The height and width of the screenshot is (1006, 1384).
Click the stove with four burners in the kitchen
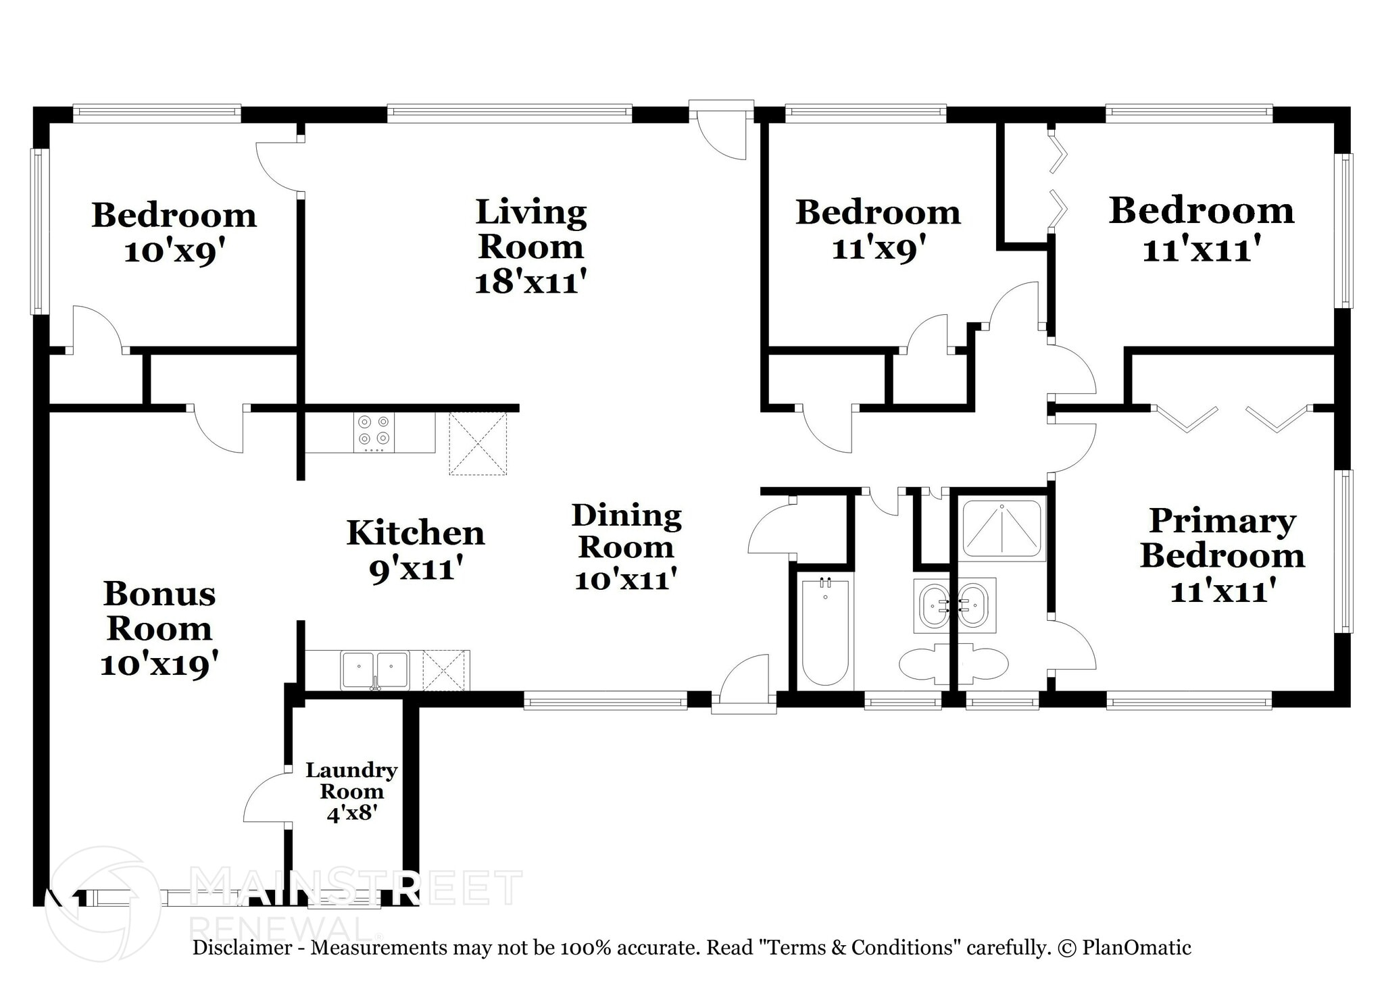(374, 432)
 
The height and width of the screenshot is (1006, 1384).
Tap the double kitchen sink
(374, 670)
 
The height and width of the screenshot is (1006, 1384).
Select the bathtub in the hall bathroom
(824, 632)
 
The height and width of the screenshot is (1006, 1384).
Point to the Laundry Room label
(351, 780)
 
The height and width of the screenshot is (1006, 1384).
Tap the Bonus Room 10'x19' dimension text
(159, 665)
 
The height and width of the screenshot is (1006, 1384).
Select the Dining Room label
(626, 531)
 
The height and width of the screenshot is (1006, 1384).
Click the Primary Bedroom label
(1222, 538)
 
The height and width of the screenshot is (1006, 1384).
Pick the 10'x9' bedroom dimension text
(174, 252)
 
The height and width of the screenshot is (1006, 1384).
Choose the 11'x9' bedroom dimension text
(877, 249)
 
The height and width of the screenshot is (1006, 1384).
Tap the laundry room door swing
(265, 797)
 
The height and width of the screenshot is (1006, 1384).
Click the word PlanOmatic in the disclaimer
(1136, 948)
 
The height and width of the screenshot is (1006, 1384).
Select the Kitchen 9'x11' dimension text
(416, 570)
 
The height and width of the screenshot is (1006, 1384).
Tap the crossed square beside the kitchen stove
(478, 443)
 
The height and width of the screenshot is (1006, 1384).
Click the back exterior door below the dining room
(743, 682)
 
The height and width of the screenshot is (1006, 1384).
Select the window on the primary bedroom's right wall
(1347, 551)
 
